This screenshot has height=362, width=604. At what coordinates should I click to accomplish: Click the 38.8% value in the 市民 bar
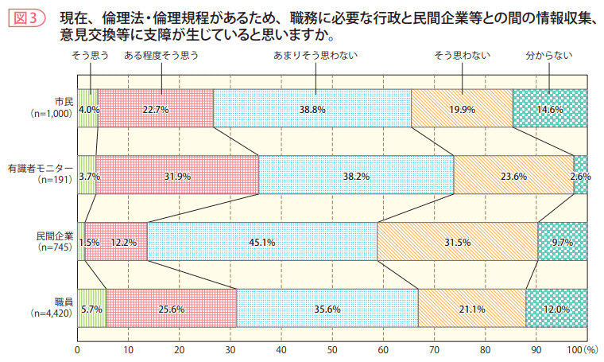click(x=312, y=109)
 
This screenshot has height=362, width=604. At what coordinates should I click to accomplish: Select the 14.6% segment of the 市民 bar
click(x=550, y=109)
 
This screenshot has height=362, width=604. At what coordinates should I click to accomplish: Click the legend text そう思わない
click(x=462, y=56)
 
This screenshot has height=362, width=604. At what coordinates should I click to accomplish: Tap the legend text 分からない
click(x=549, y=56)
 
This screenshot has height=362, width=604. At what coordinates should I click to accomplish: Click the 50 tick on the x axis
click(x=332, y=348)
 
